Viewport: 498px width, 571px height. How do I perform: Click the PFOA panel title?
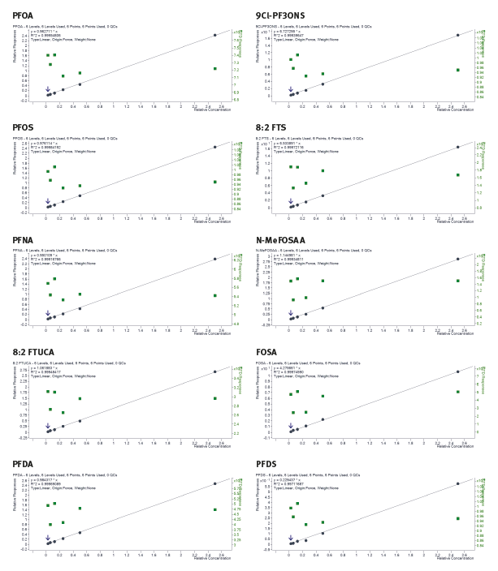point(23,15)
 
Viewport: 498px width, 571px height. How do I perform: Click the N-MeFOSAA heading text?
point(281,240)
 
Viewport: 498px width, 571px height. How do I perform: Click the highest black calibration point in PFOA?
point(214,35)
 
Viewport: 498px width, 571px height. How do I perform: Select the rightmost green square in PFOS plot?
point(214,182)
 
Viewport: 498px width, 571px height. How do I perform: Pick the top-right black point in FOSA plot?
point(457,371)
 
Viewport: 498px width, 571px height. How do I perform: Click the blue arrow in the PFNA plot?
point(47,311)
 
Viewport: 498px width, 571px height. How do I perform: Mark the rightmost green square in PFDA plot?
point(214,509)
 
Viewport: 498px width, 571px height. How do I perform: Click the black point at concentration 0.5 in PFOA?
point(80,84)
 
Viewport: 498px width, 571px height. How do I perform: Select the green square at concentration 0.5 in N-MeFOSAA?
point(323,281)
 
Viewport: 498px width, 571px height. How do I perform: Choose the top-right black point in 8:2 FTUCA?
point(214,371)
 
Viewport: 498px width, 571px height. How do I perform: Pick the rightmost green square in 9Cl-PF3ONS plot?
point(457,70)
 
